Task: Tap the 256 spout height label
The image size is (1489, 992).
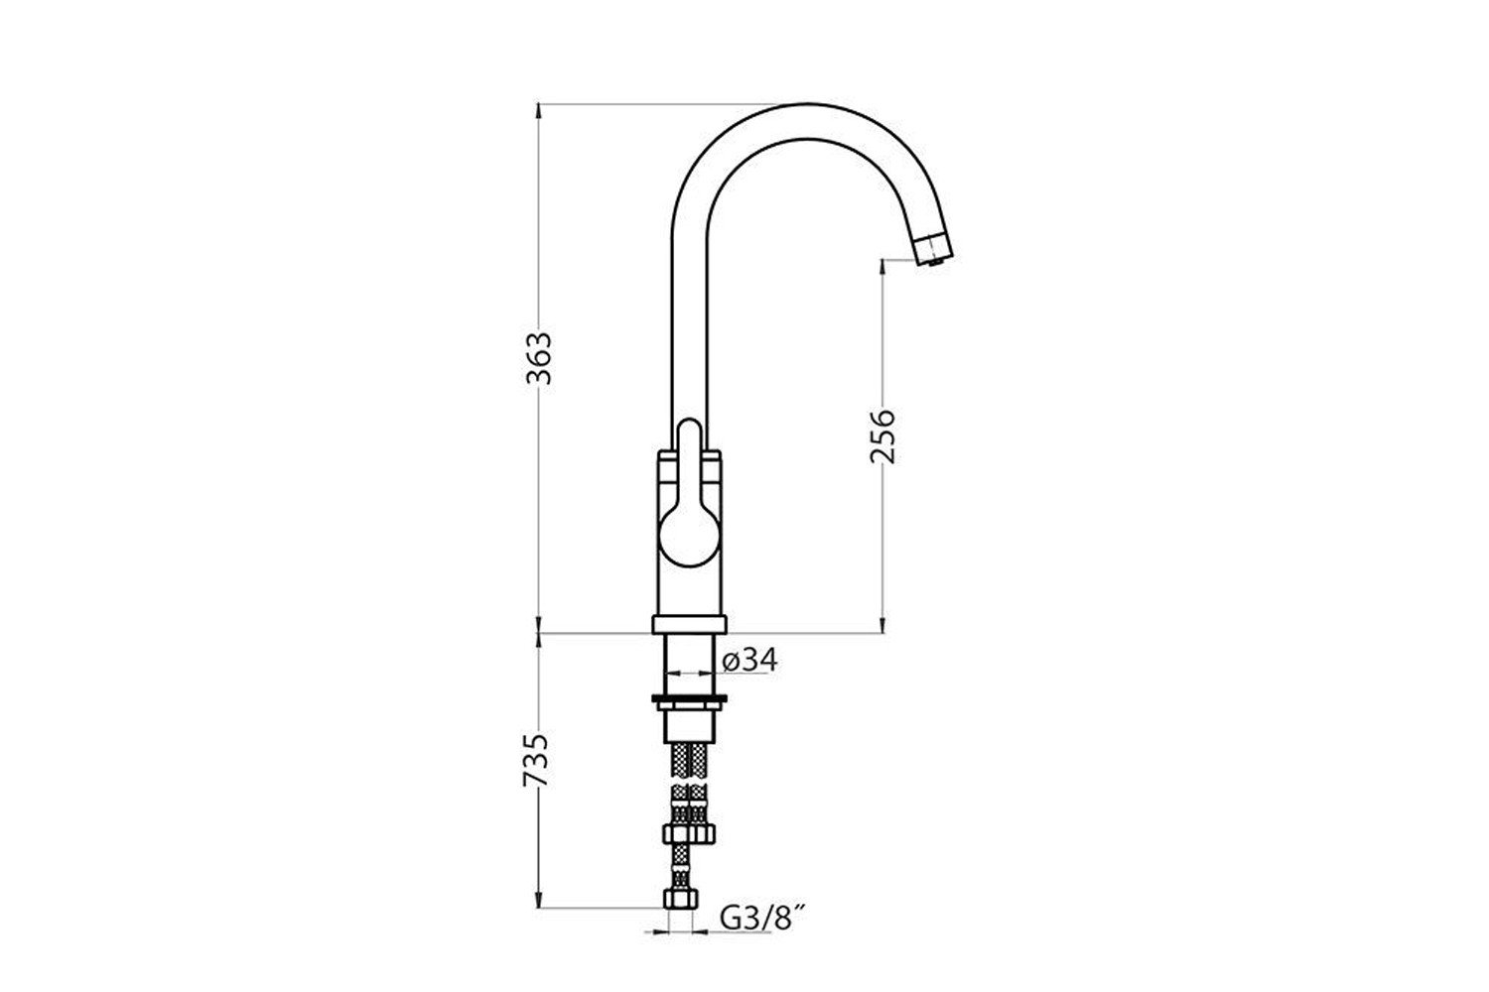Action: (882, 436)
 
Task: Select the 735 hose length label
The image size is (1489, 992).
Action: (536, 760)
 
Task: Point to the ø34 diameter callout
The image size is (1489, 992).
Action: (749, 660)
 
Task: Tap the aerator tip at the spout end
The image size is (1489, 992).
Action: (934, 250)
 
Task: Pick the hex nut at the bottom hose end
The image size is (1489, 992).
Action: (681, 899)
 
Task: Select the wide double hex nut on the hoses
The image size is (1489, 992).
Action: (689, 833)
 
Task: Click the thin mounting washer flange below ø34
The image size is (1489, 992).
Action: (689, 698)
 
